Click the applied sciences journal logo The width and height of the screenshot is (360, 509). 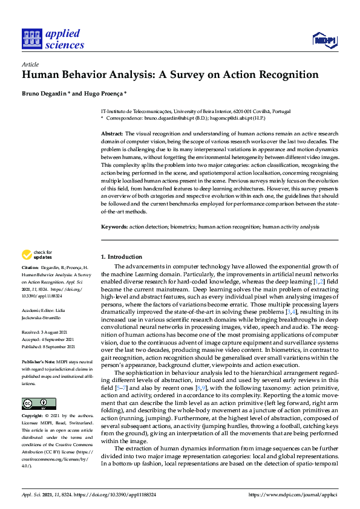point(53,37)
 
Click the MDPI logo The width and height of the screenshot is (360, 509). point(324,41)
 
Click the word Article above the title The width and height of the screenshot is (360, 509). point(30,63)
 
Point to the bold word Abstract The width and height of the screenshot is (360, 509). point(111,133)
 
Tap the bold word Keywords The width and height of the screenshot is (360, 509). point(114,227)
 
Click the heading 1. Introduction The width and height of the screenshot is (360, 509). point(121,257)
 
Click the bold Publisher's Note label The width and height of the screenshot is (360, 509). point(38,355)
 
